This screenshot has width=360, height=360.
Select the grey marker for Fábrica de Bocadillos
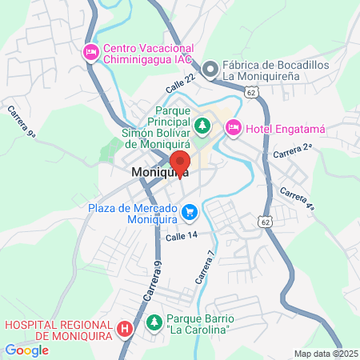[211, 69]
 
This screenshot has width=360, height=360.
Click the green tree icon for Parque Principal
[202, 125]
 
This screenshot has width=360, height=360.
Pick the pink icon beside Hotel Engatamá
[233, 126]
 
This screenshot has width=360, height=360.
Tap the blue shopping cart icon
[190, 211]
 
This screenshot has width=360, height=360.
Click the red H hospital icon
[125, 328]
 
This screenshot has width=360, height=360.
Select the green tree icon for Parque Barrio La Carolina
[154, 323]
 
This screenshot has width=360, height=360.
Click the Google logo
[27, 350]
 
